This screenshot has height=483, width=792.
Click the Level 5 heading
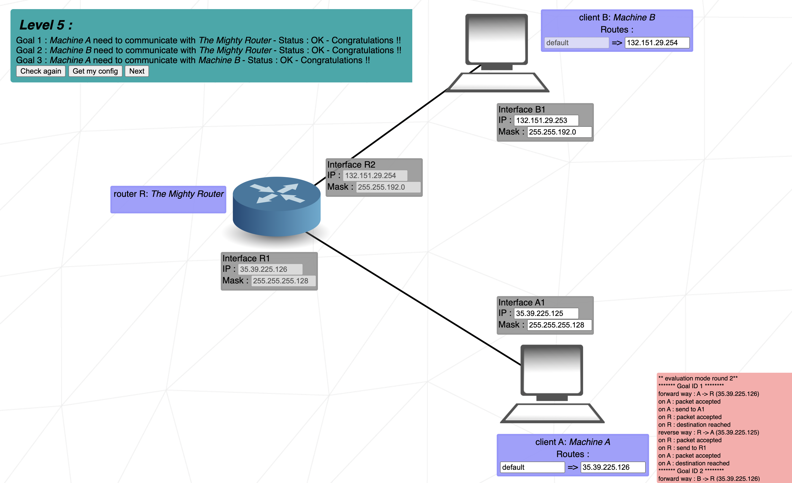46,25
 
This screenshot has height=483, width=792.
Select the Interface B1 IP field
546,120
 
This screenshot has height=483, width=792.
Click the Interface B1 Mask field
559,132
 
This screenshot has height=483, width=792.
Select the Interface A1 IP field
546,313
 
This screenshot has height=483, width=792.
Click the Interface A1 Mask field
559,325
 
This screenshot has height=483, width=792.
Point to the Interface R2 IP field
375,176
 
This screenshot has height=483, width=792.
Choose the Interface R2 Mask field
388,187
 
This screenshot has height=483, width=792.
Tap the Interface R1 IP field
270,269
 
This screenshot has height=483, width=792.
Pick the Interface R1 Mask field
283,281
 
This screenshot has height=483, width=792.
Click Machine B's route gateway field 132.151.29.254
657,43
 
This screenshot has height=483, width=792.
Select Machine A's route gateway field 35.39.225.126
613,467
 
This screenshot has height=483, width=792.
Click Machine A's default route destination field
532,467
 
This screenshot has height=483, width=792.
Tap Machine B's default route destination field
576,43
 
